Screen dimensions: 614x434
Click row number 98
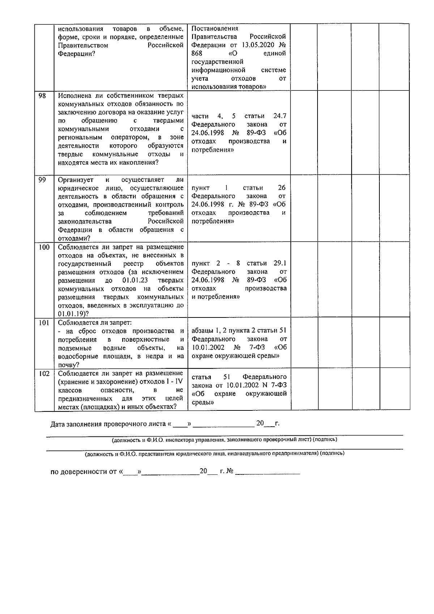[42, 95]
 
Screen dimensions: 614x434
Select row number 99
[42, 180]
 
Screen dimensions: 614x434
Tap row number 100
[44, 247]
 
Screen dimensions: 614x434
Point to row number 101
[44, 323]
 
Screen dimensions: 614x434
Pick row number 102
[44, 374]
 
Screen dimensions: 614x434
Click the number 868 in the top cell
[197, 54]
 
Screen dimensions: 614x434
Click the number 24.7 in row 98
[280, 116]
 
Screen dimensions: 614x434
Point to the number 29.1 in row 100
[280, 263]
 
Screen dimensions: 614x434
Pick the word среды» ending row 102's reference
[203, 402]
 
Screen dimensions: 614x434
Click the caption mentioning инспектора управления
[224, 440]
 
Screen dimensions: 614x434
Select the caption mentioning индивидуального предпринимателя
[214, 453]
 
